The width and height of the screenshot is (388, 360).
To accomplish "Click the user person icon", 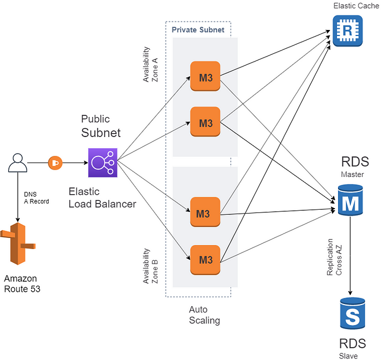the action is pyautogui.click(x=18, y=163).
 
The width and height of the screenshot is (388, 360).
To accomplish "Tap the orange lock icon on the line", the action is pyautogui.click(x=55, y=163).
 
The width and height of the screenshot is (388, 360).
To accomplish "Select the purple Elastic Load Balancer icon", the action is pyautogui.click(x=103, y=163).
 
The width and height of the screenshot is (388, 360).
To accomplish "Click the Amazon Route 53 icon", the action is pyautogui.click(x=18, y=244).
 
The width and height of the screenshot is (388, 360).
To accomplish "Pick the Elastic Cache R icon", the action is pyautogui.click(x=348, y=31).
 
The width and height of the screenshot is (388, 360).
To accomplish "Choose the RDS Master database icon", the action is pyautogui.click(x=350, y=200).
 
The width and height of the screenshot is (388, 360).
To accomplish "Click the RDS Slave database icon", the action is pyautogui.click(x=353, y=313).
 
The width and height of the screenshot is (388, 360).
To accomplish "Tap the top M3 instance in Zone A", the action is pyautogui.click(x=205, y=76).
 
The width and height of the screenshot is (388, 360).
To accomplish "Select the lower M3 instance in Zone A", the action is pyautogui.click(x=205, y=122).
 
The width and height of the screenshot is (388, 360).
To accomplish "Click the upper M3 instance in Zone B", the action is pyautogui.click(x=205, y=212).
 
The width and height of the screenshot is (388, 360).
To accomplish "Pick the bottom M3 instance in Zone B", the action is pyautogui.click(x=205, y=260).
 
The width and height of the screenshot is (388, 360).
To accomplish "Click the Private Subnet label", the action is pyautogui.click(x=198, y=30).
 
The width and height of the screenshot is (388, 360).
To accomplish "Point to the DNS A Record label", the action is pyautogui.click(x=37, y=198).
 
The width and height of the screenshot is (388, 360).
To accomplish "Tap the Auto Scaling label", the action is pyautogui.click(x=205, y=315).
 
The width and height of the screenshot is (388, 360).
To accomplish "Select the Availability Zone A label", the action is pyautogui.click(x=150, y=64).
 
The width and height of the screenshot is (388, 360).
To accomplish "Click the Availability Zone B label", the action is pyautogui.click(x=150, y=266).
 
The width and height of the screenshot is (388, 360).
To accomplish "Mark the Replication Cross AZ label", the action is pyautogui.click(x=334, y=257).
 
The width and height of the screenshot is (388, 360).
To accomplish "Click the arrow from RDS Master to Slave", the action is pyautogui.click(x=350, y=256).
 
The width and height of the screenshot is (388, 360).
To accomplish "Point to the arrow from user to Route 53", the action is pyautogui.click(x=18, y=197).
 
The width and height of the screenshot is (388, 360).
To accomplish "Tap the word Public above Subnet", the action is pyautogui.click(x=95, y=119).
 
